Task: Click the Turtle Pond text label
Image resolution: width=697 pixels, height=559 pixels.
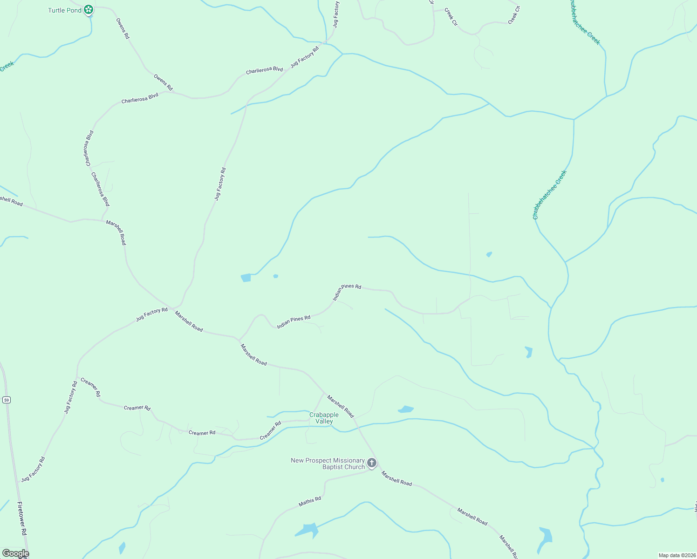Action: pyautogui.click(x=64, y=10)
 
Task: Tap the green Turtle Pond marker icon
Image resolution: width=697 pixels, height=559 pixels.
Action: pyautogui.click(x=89, y=9)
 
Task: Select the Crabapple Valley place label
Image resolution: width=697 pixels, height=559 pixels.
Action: pyautogui.click(x=324, y=418)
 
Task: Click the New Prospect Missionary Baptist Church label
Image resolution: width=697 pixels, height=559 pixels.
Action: pyautogui.click(x=328, y=464)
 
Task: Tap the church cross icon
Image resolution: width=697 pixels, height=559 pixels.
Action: pyautogui.click(x=372, y=463)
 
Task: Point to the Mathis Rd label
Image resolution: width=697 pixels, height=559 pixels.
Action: pyautogui.click(x=310, y=502)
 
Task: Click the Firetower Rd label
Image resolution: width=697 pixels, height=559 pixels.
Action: pyautogui.click(x=22, y=518)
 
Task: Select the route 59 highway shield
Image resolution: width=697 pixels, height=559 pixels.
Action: pyautogui.click(x=6, y=400)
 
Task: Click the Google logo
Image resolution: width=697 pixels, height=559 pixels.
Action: pyautogui.click(x=15, y=553)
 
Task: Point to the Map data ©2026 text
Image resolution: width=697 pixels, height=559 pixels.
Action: pyautogui.click(x=676, y=555)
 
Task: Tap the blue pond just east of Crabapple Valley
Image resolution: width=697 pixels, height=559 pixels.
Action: pyautogui.click(x=405, y=409)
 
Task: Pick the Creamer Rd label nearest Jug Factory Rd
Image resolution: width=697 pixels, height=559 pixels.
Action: pyautogui.click(x=90, y=387)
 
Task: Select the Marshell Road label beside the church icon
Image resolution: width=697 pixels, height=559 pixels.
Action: pyautogui.click(x=396, y=479)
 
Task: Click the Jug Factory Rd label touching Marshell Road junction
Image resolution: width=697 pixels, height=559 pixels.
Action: pyautogui.click(x=152, y=314)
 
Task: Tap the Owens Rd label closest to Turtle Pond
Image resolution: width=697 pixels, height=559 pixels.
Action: pyautogui.click(x=122, y=28)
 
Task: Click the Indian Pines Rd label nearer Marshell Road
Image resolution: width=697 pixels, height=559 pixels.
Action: pyautogui.click(x=294, y=322)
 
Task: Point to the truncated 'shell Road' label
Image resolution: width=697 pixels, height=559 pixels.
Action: pyautogui.click(x=11, y=201)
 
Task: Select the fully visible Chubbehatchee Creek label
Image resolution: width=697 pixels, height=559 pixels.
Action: pyautogui.click(x=550, y=195)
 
